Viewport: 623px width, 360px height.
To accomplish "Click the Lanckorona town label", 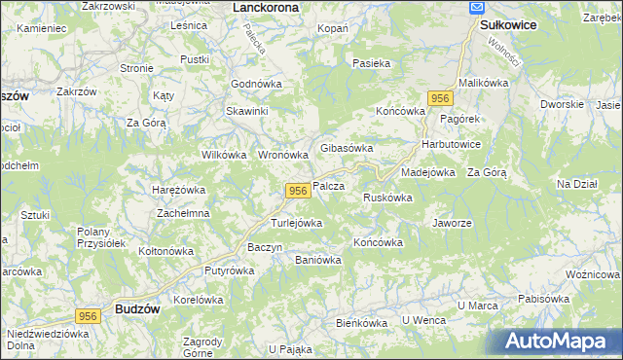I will (x=266, y=7).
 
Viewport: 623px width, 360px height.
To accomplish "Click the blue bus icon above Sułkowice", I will (x=477, y=8).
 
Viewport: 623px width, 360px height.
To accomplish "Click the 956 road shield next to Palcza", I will (x=298, y=191).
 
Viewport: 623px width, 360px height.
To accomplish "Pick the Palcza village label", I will (x=329, y=186).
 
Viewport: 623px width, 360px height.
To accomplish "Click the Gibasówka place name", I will (x=348, y=148).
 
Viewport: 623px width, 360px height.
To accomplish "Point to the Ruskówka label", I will (x=387, y=198).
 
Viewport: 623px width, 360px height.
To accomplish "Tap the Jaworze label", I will (x=452, y=222).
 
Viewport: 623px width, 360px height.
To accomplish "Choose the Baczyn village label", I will (x=265, y=247).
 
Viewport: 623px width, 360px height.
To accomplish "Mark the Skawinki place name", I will (x=247, y=111).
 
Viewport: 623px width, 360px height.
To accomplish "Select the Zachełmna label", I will (x=183, y=213).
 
